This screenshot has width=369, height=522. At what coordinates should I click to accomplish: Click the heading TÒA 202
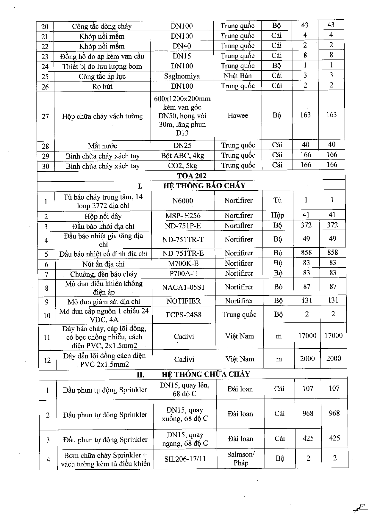tap(191, 175)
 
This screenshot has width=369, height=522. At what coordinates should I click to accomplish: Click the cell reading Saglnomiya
tap(182, 76)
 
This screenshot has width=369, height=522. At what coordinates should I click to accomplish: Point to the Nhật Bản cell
tap(237, 76)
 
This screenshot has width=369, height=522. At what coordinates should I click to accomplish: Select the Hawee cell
tap(238, 116)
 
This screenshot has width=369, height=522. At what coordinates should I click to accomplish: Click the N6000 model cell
tap(183, 201)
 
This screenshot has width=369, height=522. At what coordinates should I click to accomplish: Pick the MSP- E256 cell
tap(183, 216)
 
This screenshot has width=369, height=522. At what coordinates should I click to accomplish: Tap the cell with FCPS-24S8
tap(184, 315)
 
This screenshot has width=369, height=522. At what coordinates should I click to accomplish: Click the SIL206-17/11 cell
tap(185, 459)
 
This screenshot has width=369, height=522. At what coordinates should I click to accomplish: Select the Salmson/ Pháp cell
tap(241, 459)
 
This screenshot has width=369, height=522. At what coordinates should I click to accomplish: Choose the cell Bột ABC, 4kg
tap(182, 156)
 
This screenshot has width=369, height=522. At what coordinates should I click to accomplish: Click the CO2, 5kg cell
tap(182, 166)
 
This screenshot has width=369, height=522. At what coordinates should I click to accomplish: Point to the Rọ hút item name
tap(102, 87)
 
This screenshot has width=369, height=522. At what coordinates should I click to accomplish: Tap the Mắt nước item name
tap(102, 146)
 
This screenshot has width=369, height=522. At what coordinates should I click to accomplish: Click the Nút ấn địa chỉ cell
tap(103, 264)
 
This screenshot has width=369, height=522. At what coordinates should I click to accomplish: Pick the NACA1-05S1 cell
tap(183, 287)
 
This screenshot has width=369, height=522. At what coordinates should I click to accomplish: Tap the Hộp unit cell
tap(278, 215)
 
